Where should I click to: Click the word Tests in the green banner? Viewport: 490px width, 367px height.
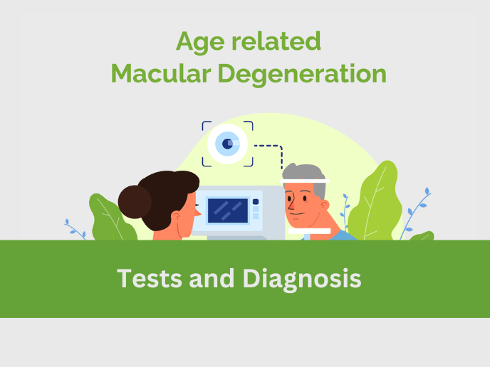pos(147,278)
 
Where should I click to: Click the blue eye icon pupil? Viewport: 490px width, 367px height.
pos(228,144)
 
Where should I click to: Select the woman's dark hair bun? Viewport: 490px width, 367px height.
pos(135,201)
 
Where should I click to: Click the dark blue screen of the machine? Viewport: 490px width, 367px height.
pos(228,209)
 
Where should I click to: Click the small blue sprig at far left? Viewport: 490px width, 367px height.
pos(75,229)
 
